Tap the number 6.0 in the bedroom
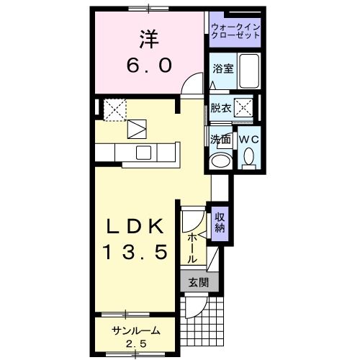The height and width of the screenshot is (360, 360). pos(150,66)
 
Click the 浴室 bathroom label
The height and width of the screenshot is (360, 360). pos(222,69)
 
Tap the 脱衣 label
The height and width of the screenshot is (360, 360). pos(220,109)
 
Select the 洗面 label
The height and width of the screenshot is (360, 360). pos(220,138)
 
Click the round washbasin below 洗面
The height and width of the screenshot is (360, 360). pos(220,160)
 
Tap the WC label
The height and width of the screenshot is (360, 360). pos(248,138)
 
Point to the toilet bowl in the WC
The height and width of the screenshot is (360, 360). pos(249,156)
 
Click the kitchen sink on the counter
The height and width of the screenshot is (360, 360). pos(143,153)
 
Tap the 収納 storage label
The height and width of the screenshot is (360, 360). pos(220,223)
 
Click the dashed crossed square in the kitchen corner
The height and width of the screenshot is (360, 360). pos(114,109)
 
